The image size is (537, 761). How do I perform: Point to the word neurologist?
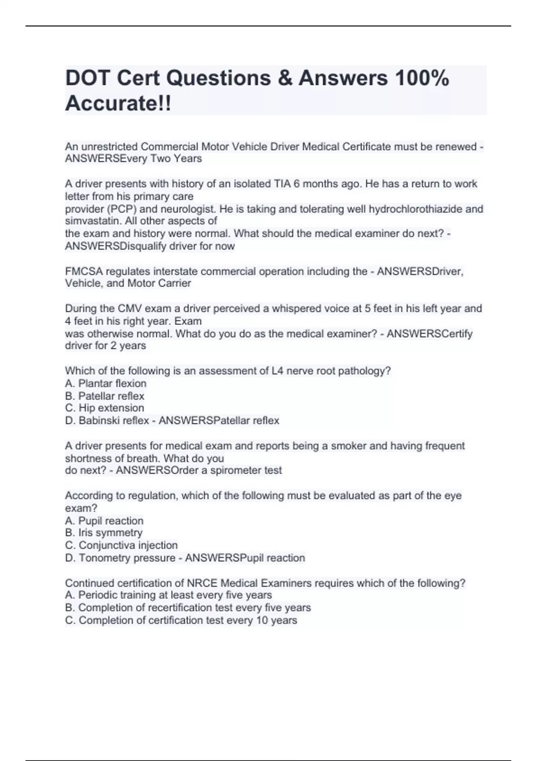(x=188, y=209)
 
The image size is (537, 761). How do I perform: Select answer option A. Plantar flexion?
(x=106, y=383)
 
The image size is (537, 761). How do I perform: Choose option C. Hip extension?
(x=105, y=408)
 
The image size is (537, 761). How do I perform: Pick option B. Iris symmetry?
(x=104, y=533)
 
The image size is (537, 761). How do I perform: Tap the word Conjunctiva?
(x=107, y=545)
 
